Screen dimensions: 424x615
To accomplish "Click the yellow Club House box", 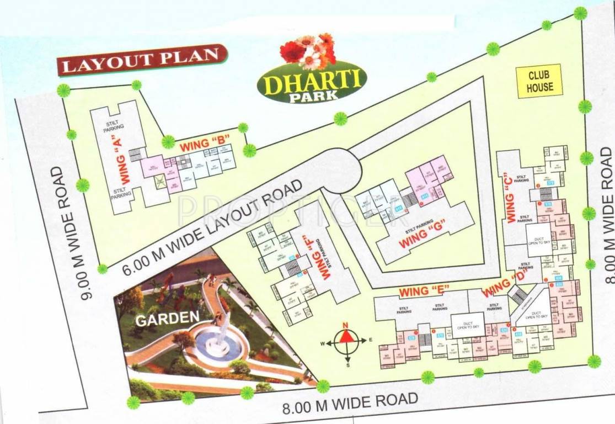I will click(x=539, y=81).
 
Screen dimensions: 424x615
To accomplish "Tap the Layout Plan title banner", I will click(x=142, y=59).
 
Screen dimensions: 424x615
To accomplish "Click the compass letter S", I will click(x=348, y=364).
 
